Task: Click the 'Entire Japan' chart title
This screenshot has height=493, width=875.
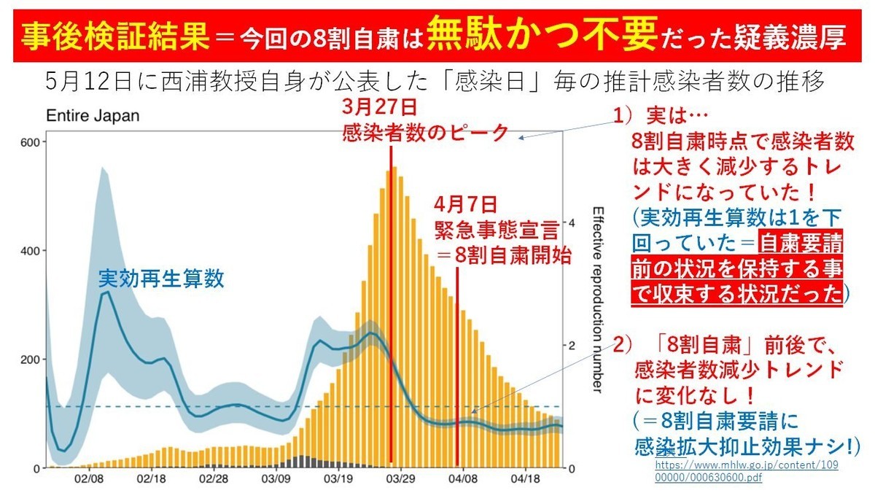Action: [93, 116]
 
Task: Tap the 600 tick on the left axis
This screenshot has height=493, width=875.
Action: [30, 142]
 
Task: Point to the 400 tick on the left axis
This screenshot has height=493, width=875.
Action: [30, 251]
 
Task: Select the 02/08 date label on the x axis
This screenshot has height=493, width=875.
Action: [89, 479]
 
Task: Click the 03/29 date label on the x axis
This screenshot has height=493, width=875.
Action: [401, 479]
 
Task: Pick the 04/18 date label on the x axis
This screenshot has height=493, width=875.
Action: [526, 479]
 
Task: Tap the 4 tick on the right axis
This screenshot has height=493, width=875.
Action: [572, 223]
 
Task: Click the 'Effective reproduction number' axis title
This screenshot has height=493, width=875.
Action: [598, 300]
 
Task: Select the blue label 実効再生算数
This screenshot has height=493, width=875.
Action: [161, 279]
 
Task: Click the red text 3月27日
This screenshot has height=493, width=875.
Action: [380, 107]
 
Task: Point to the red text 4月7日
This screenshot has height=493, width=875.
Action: [466, 204]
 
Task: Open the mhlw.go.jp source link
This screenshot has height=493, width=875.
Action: [747, 471]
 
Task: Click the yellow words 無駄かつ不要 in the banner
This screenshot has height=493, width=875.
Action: [542, 34]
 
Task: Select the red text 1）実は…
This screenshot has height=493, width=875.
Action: [661, 116]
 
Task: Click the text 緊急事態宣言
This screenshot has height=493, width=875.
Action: [497, 230]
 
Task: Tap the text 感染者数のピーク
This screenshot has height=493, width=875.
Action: [425, 133]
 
